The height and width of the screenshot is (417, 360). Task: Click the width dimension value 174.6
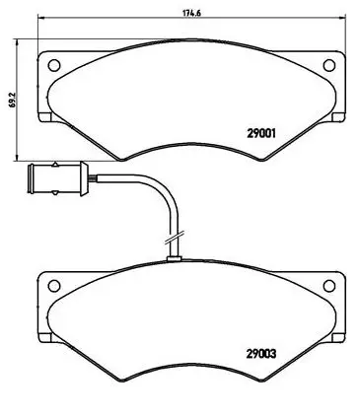click(191, 13)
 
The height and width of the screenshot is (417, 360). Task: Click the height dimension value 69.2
click(13, 100)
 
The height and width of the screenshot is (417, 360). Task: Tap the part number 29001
click(260, 133)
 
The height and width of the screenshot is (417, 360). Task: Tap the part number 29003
click(261, 354)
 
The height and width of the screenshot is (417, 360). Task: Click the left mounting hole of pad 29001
click(54, 65)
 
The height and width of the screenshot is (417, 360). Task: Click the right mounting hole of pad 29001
click(329, 65)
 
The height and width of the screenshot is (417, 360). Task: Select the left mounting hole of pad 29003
click(54, 286)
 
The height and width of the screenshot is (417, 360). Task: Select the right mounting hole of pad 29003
click(329, 286)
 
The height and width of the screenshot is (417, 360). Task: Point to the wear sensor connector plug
click(58, 178)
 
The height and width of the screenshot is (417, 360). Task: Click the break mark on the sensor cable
click(174, 238)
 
